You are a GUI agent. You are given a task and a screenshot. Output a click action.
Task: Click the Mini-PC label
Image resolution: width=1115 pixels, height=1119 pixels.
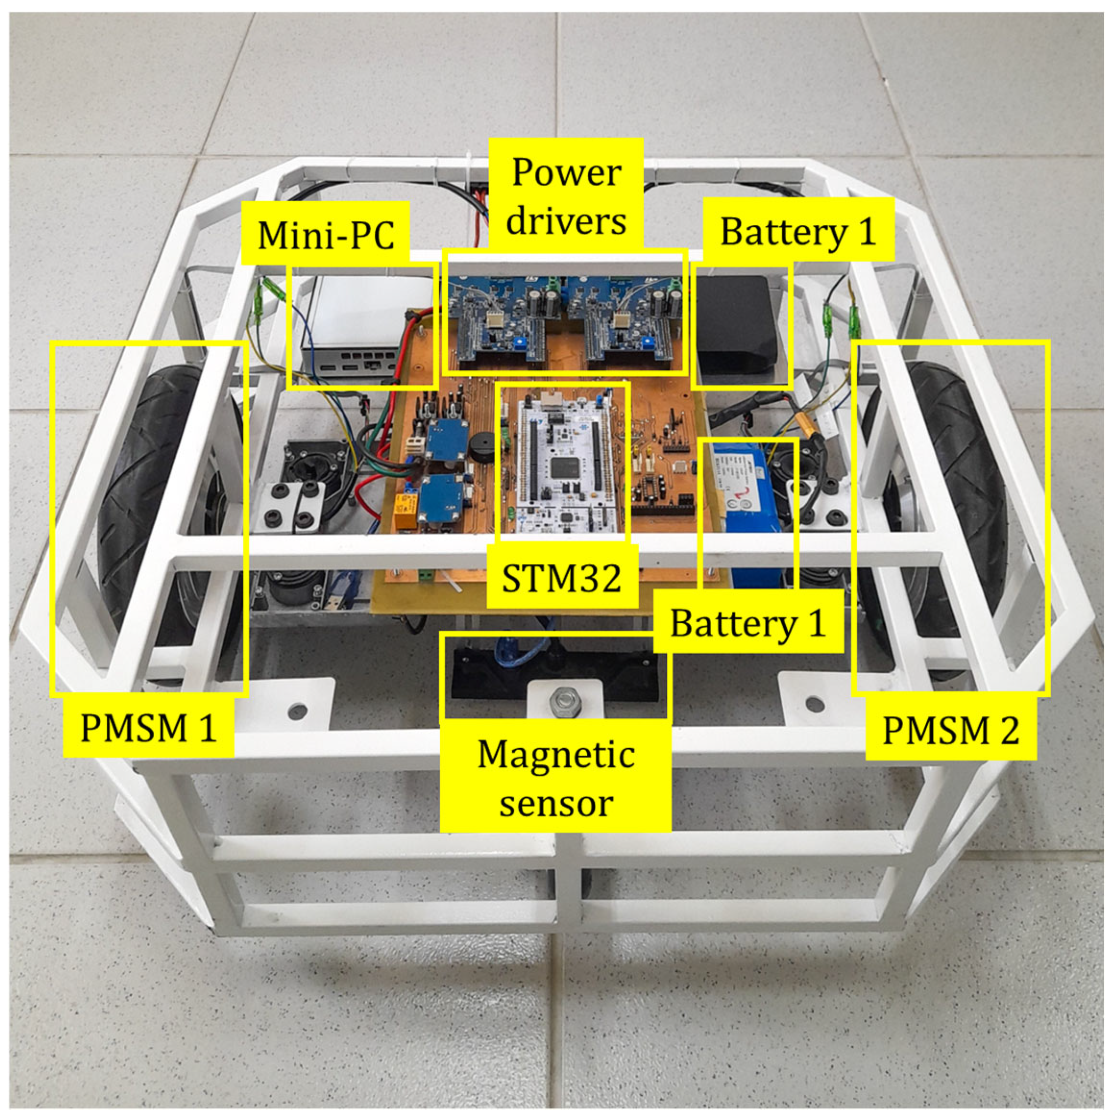coord(326,234)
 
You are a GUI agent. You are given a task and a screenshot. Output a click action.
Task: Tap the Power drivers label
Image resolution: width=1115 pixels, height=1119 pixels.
coord(566,196)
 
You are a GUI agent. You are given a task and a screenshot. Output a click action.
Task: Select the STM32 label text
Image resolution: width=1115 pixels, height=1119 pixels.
coord(562,577)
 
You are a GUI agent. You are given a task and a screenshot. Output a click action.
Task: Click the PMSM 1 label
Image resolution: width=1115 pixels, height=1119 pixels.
coord(149,728)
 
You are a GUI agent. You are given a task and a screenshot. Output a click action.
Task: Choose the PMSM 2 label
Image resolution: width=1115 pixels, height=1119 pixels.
coord(951,730)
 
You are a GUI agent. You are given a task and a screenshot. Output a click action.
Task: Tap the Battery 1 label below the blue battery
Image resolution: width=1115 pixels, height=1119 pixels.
coord(747,623)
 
